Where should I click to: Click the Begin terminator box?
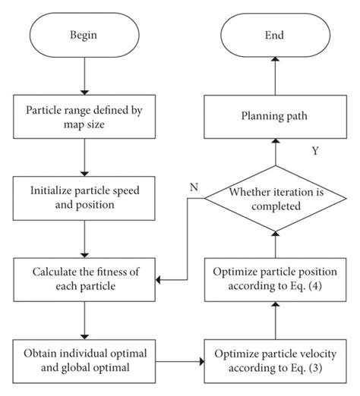point(83,34)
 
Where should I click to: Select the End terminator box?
point(274,34)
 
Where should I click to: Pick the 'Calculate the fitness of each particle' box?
point(83,280)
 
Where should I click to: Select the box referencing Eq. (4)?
point(275,280)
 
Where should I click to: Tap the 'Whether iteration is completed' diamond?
point(275,199)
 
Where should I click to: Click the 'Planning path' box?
point(275,118)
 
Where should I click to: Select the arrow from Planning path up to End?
point(275,76)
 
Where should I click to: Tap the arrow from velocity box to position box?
point(275,322)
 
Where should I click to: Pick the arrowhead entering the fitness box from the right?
point(159,280)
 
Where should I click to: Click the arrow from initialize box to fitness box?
point(83,238)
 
